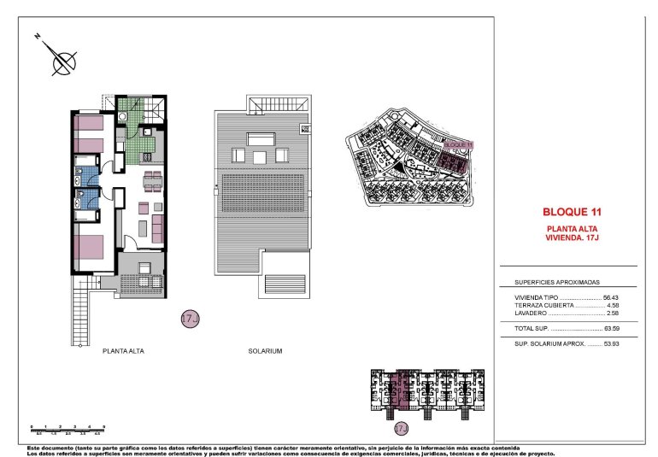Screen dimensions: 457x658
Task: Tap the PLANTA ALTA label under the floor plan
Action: [x=122, y=351]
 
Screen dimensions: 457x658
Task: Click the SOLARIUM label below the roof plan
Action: [x=265, y=351]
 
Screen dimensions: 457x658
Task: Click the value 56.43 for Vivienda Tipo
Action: [x=611, y=297]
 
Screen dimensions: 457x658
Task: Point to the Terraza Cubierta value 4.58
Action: [x=612, y=305]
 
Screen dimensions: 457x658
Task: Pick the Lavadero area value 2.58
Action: [x=612, y=313]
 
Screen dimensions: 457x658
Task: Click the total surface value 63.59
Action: [x=612, y=327]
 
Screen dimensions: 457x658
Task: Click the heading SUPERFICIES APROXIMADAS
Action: [x=557, y=282]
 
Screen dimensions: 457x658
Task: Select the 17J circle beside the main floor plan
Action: [x=190, y=319]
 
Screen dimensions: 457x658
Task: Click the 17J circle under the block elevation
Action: [x=401, y=427]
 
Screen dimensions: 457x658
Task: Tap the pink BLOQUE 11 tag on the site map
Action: [x=458, y=146]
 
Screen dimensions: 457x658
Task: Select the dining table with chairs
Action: [x=151, y=179]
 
